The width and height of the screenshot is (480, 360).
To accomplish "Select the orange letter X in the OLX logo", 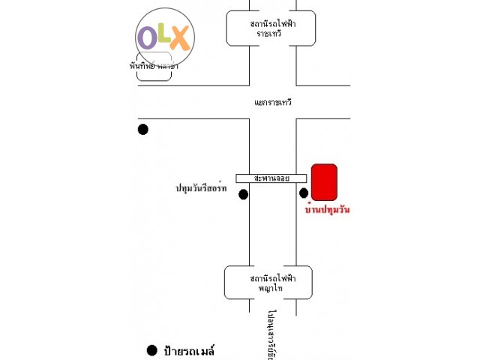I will tap(180, 38).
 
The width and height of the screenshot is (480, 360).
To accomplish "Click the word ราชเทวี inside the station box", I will tap(270, 34).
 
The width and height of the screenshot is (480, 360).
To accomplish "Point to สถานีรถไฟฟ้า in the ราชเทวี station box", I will tap(270, 23).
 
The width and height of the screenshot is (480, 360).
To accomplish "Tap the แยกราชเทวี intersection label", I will tap(273, 101).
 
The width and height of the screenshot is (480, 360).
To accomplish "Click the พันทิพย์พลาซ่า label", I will tap(153, 66).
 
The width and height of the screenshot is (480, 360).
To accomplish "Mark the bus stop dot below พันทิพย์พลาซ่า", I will tap(143, 129).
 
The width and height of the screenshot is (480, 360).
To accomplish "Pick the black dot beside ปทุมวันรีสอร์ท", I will tap(243, 195).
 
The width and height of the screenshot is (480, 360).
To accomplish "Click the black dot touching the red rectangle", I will tap(304, 193).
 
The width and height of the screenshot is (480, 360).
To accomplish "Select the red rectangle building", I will tap(324, 182).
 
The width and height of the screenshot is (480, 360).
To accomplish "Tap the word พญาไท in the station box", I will tap(268, 288).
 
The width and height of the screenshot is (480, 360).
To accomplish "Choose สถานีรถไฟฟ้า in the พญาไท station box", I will tap(268, 277).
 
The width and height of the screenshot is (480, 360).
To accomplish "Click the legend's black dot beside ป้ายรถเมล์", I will tap(152, 349).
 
